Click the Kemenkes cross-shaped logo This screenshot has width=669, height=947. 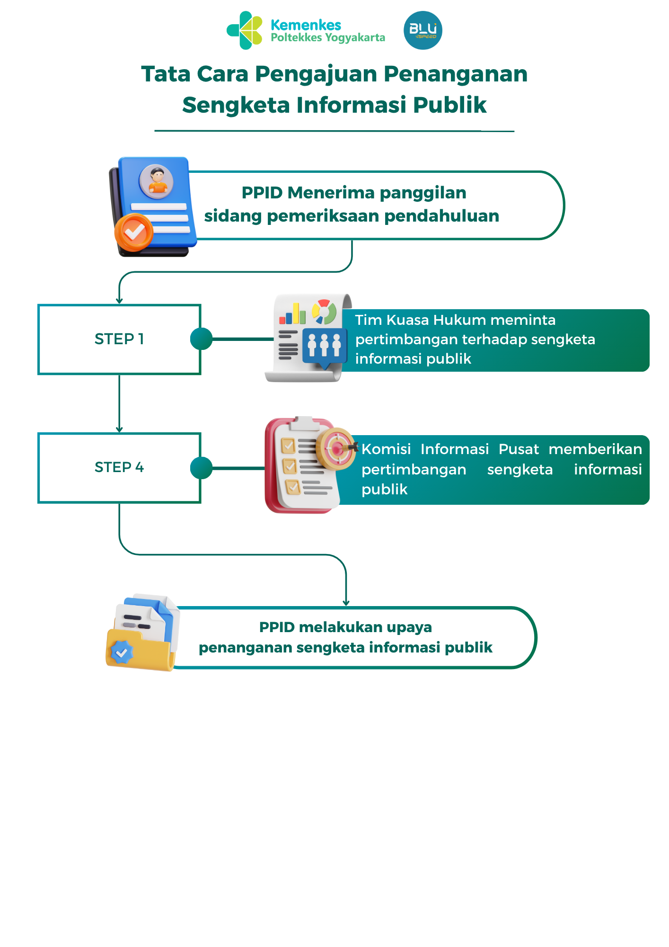245,30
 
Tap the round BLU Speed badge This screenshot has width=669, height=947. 423,30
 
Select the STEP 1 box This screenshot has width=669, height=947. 119,339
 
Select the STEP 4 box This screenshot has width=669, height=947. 119,467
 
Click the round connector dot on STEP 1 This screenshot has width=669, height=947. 201,339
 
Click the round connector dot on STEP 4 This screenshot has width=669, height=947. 201,468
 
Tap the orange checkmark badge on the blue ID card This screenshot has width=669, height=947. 134,232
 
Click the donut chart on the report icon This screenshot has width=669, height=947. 324,311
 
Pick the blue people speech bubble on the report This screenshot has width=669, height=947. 324,346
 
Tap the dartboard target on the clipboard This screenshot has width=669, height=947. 336,448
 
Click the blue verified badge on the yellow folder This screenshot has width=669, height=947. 122,653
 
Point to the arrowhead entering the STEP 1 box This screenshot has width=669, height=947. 119,301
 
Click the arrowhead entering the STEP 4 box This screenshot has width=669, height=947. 119,429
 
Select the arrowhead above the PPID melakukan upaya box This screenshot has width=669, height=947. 346,603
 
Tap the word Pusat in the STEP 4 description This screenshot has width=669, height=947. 519,449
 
